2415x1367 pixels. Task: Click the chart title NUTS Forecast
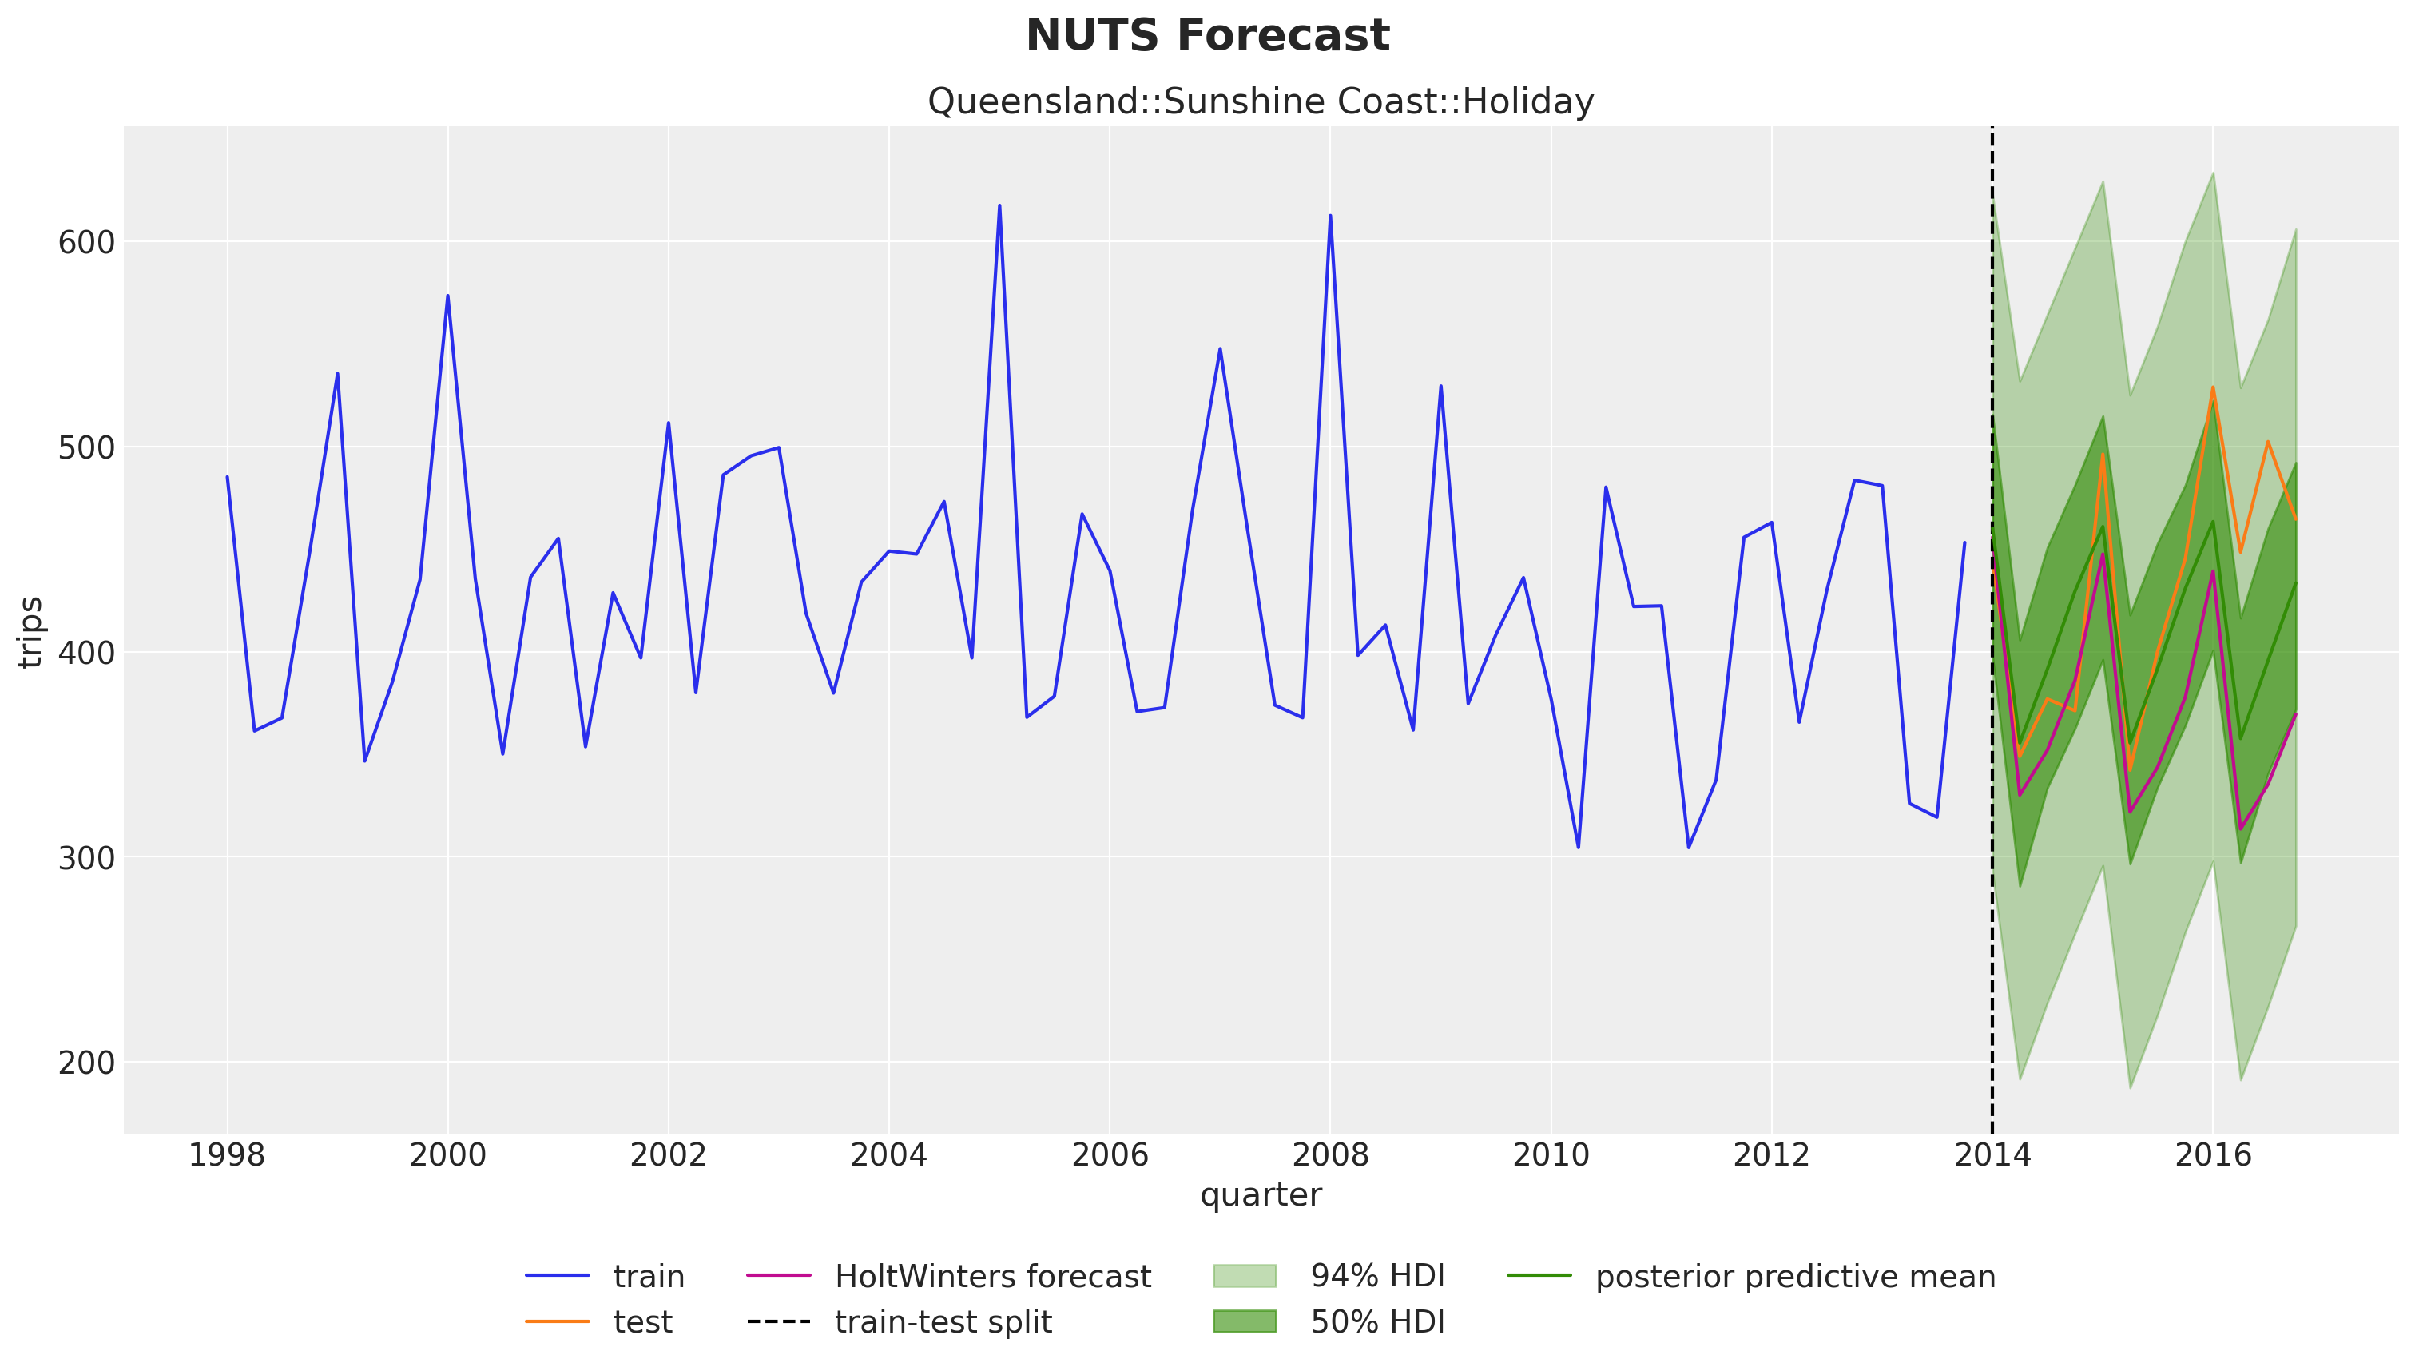pyautogui.click(x=1207, y=36)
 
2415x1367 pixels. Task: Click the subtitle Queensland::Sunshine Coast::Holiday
pyautogui.click(x=1260, y=101)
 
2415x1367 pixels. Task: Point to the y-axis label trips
pyautogui.click(x=30, y=631)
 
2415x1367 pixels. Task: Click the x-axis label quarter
pyautogui.click(x=1260, y=1194)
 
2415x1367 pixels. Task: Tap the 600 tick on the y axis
pyautogui.click(x=86, y=242)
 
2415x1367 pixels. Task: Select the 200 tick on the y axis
pyautogui.click(x=86, y=1062)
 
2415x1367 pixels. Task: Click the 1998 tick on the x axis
pyautogui.click(x=226, y=1154)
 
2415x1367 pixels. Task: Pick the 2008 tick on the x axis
pyautogui.click(x=1330, y=1154)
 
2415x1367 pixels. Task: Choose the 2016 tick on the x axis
pyautogui.click(x=2212, y=1154)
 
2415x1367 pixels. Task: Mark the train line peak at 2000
pyautogui.click(x=447, y=296)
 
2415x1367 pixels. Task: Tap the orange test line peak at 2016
pyautogui.click(x=2212, y=387)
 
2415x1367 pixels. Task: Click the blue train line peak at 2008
pyautogui.click(x=1330, y=216)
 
